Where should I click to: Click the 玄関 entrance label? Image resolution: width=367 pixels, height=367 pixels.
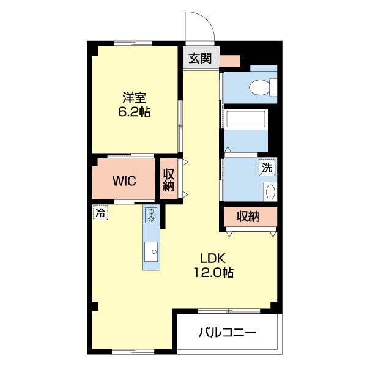200,59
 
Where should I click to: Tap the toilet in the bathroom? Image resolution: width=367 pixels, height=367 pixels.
262,87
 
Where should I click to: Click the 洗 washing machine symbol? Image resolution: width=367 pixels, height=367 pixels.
267,166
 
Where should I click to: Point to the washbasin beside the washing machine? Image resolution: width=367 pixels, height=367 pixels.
270,191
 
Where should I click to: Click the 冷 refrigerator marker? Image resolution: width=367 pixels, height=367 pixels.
99,212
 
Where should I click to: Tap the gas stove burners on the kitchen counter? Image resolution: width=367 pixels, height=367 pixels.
150,215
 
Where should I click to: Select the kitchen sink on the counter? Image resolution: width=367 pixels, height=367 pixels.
150,251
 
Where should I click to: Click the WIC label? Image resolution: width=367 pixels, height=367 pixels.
124,182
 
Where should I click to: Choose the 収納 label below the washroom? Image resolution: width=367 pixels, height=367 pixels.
248,217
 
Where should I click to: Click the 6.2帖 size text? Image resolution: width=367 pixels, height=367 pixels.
134,113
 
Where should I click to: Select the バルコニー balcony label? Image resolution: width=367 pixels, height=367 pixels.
227,333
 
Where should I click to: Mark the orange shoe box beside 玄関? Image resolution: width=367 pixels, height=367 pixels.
231,60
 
